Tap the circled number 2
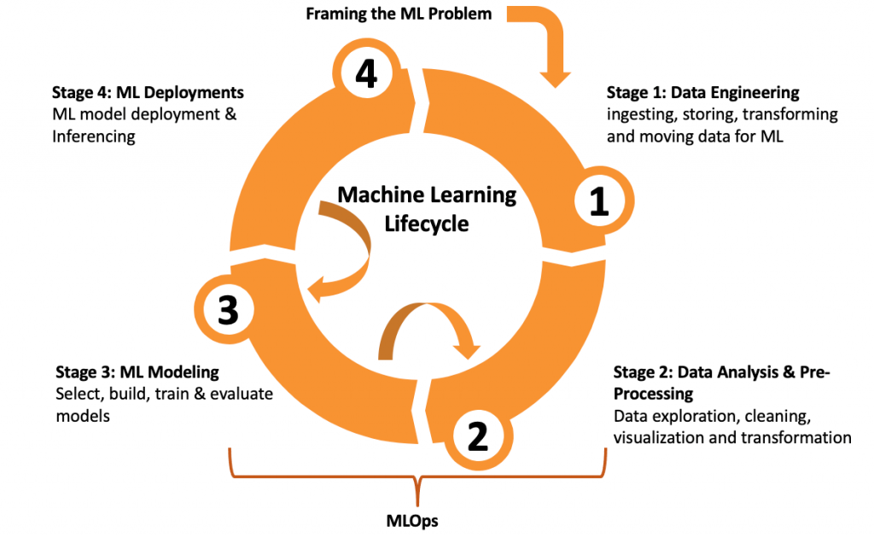pos(476,436)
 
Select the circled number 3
pos(227,311)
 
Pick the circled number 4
pos(365,75)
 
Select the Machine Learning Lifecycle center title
pos(427,209)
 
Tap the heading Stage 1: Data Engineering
pos(702,92)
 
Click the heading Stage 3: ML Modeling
pos(137,372)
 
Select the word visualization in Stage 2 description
pos(662,438)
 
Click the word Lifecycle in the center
pos(427,224)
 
